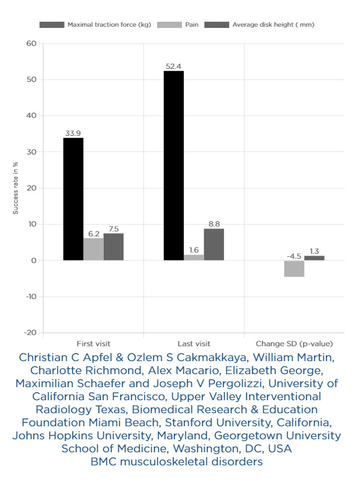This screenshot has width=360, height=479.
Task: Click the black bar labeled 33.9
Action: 73,199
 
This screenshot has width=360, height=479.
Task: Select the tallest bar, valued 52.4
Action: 174,166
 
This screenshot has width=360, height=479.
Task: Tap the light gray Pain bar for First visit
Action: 93,249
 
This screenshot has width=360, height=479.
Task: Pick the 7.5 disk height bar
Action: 114,247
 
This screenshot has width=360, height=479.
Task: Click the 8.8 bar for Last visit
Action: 214,244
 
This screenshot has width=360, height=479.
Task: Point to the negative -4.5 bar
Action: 294,269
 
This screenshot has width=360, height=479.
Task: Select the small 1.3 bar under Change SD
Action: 314,258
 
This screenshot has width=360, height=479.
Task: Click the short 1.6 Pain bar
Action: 194,257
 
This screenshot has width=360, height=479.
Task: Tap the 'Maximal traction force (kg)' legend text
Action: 109,25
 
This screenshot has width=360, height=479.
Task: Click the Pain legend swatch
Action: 169,25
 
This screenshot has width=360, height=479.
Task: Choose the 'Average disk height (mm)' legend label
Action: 273,25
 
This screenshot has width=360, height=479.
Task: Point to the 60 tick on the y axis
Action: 31,43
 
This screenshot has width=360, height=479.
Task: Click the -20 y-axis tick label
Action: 30,333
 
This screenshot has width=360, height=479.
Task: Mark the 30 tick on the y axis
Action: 31,152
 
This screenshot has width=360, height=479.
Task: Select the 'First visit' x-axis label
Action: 93,344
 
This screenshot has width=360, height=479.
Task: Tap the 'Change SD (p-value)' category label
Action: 294,344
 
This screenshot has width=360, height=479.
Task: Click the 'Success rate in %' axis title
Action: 16,188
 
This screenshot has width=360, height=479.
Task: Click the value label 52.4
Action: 174,66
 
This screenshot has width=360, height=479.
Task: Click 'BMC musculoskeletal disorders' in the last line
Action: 177,462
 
